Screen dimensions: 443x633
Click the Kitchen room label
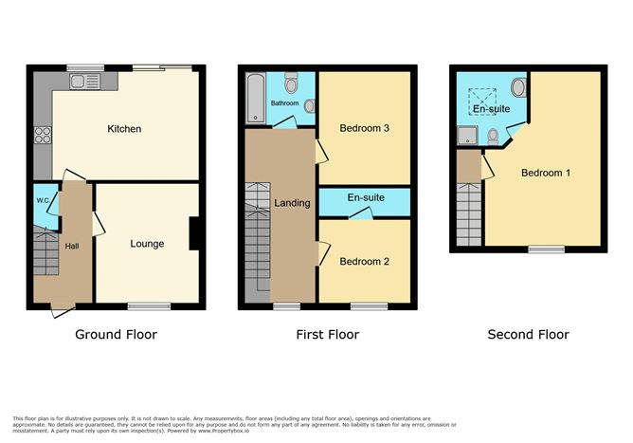coord(124,128)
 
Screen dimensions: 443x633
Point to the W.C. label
coord(43,200)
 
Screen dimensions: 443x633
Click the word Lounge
coord(147,244)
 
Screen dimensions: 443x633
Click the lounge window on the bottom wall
coord(149,305)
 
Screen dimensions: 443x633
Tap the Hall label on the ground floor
coord(72,247)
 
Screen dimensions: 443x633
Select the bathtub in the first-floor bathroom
coord(254,101)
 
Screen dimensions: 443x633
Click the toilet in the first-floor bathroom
coord(291,83)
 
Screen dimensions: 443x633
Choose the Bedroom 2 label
coord(365,261)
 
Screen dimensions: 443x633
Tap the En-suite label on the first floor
coord(365,198)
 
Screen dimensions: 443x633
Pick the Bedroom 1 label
coord(546,173)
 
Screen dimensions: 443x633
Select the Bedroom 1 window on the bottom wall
coord(546,249)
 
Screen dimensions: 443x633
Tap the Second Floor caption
coord(528,334)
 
